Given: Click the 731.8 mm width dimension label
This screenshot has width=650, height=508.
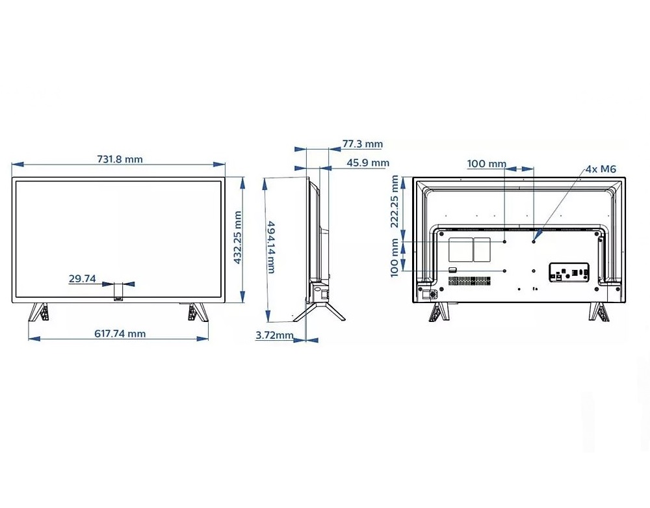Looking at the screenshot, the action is [x=120, y=159].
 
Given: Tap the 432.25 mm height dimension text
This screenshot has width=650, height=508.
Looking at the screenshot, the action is [x=237, y=237].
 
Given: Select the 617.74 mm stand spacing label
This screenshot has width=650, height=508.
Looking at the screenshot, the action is [x=120, y=334].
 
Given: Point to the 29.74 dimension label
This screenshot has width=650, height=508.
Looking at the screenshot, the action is [x=82, y=278].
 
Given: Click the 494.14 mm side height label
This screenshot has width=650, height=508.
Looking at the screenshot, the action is [x=270, y=247].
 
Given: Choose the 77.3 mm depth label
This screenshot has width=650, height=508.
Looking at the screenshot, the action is [x=362, y=144].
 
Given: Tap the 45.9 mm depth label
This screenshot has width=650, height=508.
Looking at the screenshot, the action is [x=368, y=163].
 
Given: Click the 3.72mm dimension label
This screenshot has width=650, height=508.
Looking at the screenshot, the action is [x=274, y=335].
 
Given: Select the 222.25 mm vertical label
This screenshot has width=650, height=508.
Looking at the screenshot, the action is [x=395, y=202].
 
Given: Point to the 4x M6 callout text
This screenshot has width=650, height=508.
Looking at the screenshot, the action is [x=601, y=169].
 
